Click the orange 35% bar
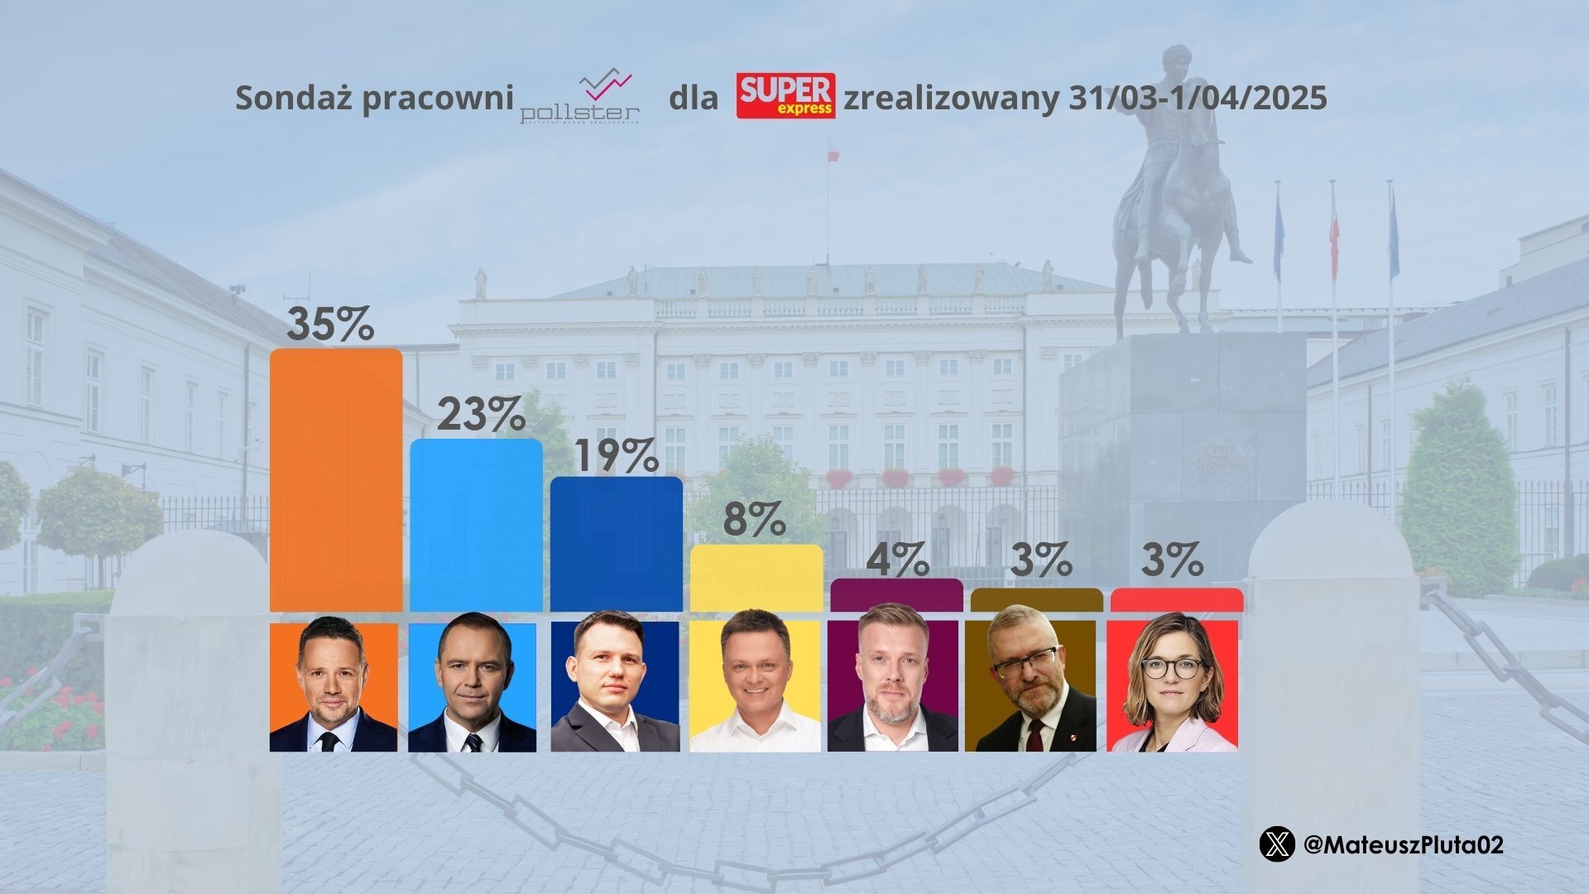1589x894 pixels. point(336,480)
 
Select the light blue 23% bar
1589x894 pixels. point(476,525)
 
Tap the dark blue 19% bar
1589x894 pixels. point(617,544)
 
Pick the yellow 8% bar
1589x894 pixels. point(756,578)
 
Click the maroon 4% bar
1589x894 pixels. point(896,595)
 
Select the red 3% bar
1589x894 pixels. point(1176,600)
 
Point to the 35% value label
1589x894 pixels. point(330,324)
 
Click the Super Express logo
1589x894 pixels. point(785,96)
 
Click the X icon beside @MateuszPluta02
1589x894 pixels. point(1276,844)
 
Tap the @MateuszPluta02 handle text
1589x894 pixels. point(1403,845)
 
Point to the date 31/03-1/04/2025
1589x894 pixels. point(1198,98)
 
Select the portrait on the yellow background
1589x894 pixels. point(755,686)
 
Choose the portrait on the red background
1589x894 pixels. point(1173,686)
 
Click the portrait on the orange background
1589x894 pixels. point(334,686)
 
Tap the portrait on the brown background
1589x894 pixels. point(1032,686)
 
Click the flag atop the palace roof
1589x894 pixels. point(833,155)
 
